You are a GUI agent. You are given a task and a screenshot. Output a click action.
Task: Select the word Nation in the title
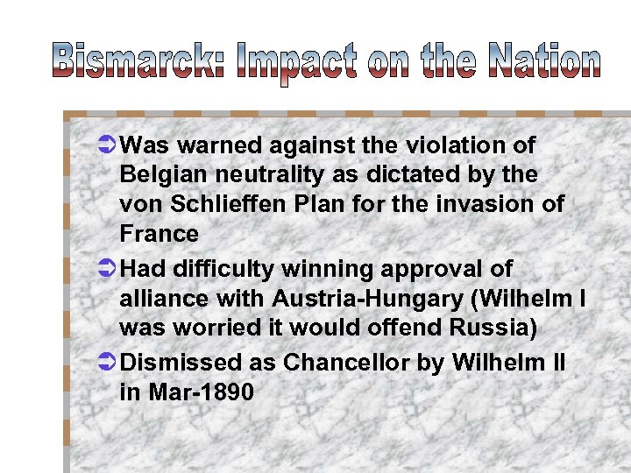[x=543, y=61]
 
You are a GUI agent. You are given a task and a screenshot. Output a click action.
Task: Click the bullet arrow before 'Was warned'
[x=103, y=145]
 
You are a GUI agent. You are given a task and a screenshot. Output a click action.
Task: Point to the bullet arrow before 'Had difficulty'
[x=103, y=269]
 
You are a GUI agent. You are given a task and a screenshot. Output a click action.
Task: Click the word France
[x=159, y=234]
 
